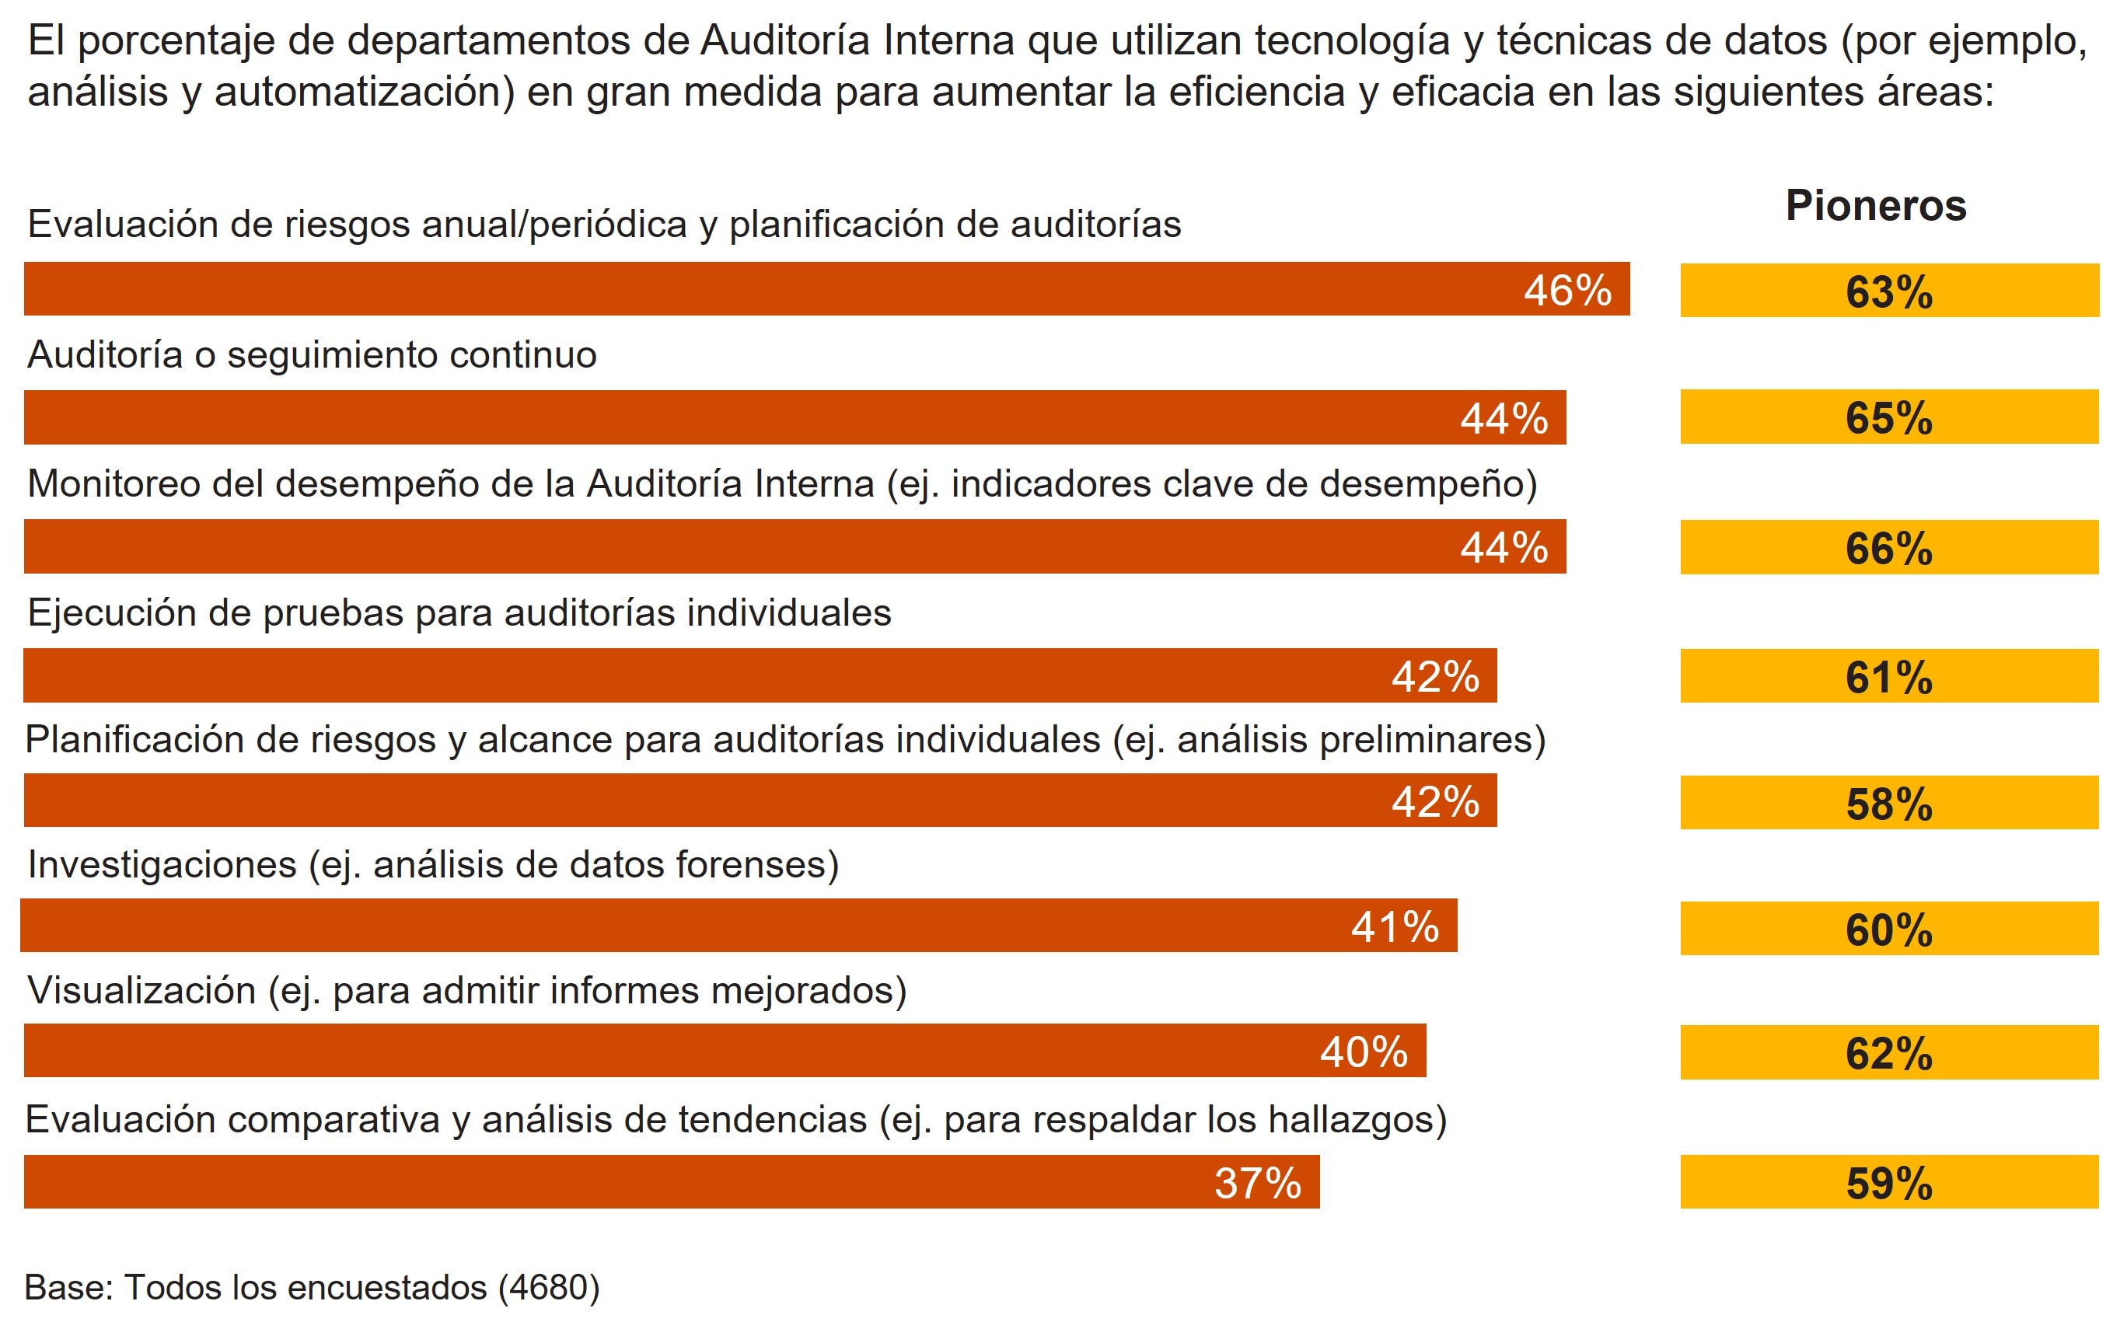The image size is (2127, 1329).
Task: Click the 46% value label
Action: click(x=1567, y=291)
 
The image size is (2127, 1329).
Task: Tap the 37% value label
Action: click(x=1258, y=1183)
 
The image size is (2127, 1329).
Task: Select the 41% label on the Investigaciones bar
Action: click(x=1395, y=927)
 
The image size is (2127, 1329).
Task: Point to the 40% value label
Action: click(x=1364, y=1052)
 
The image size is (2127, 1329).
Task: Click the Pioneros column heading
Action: click(x=1876, y=206)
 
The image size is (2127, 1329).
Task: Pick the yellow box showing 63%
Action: click(x=1889, y=291)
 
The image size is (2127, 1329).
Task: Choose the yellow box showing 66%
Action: click(x=1889, y=548)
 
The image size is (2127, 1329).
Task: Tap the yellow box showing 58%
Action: click(x=1889, y=804)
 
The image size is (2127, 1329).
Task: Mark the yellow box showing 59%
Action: click(x=1889, y=1183)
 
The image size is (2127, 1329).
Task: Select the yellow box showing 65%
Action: click(x=1889, y=417)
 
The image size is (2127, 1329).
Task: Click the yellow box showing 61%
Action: click(x=1889, y=677)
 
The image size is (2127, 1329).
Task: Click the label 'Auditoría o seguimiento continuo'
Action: click(x=312, y=355)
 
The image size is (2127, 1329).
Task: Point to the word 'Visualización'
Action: click(x=141, y=991)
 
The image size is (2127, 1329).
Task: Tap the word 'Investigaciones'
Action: click(x=162, y=865)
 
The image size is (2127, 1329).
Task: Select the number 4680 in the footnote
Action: click(x=548, y=1288)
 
